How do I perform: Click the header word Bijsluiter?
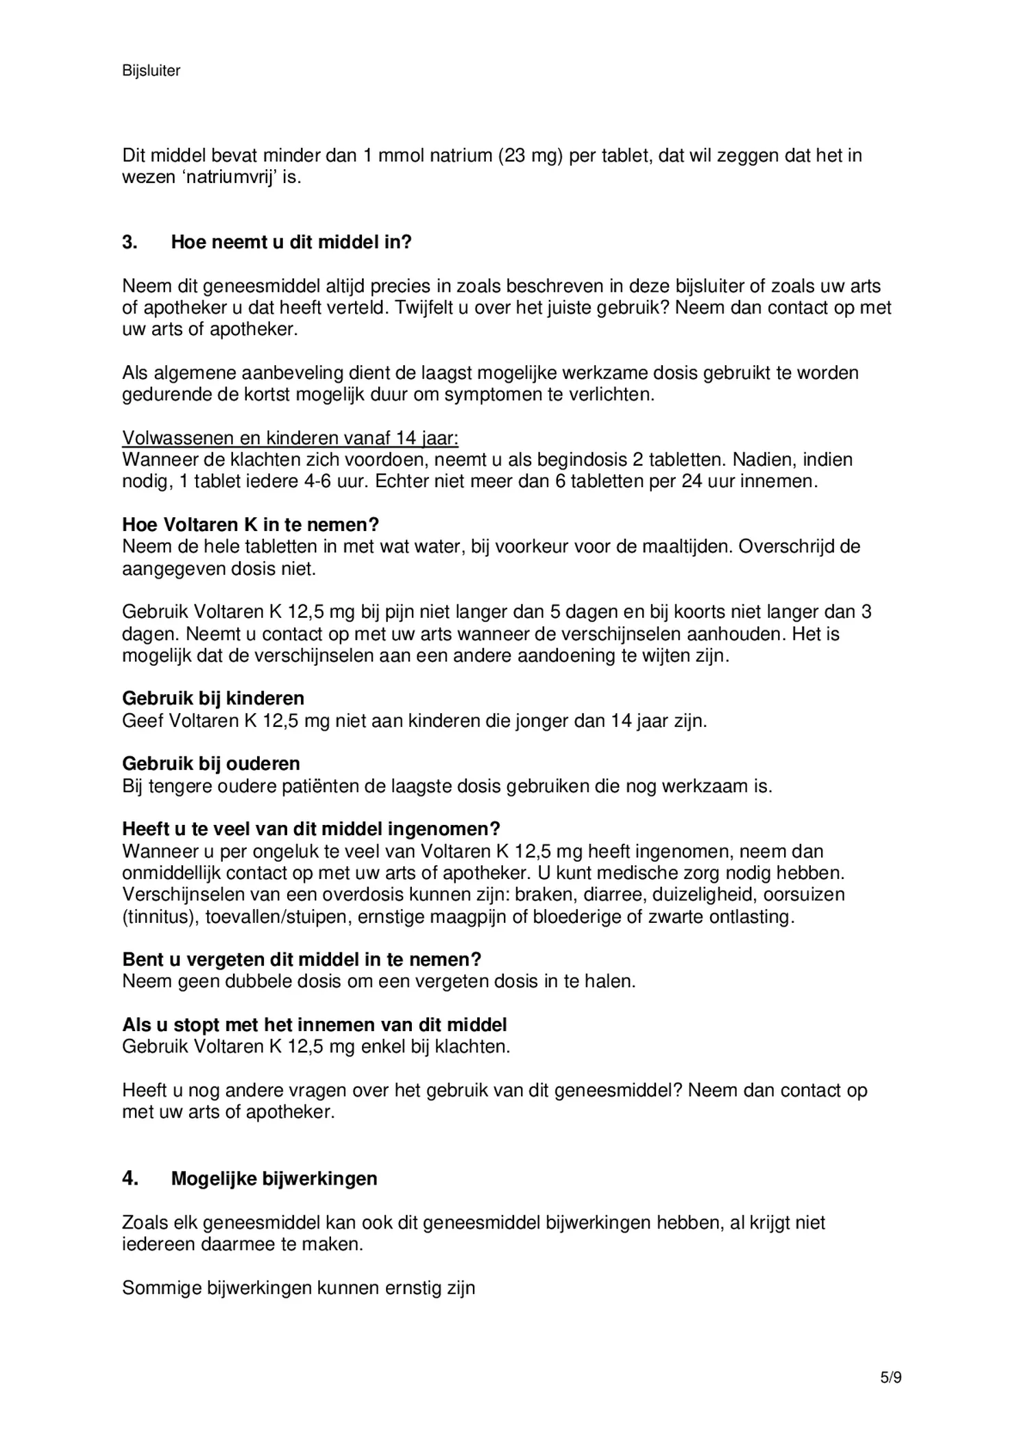(x=151, y=71)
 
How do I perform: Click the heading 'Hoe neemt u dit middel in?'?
(x=291, y=243)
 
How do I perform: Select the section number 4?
(x=130, y=1178)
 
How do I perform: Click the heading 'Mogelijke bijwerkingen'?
(x=274, y=1178)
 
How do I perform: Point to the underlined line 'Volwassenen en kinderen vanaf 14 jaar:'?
(x=291, y=438)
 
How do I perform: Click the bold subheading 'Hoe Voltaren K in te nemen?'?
(x=250, y=525)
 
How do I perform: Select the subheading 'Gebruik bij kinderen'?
(x=213, y=698)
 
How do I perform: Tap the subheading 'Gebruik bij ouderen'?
(x=211, y=763)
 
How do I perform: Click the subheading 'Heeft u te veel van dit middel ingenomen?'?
(x=311, y=829)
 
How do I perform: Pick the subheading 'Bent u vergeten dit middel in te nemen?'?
(x=302, y=959)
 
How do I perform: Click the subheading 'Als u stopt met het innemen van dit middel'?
(x=315, y=1025)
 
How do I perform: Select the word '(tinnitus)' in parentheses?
(x=160, y=917)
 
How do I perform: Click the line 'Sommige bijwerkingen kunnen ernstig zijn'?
(x=299, y=1288)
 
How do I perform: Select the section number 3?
(x=130, y=243)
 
